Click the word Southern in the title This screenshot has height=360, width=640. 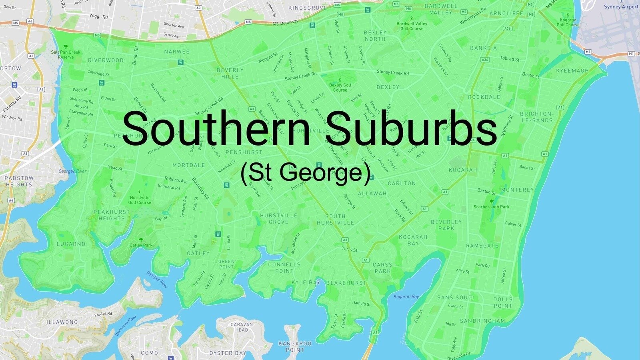click(216, 129)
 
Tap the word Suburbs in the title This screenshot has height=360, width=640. click(412, 129)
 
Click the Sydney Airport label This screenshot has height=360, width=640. click(621, 7)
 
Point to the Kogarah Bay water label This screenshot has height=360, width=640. click(406, 297)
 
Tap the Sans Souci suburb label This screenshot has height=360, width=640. click(455, 298)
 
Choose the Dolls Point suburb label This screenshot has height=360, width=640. click(503, 302)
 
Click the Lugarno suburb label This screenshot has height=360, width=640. click(71, 244)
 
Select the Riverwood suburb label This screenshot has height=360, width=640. click(106, 60)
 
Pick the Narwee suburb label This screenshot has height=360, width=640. click(177, 52)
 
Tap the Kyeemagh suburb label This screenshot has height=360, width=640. click(572, 71)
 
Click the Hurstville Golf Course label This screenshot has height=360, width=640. click(140, 200)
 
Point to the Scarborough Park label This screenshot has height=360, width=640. click(492, 207)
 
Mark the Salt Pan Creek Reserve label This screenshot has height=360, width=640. click(66, 54)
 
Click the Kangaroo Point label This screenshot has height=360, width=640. click(295, 346)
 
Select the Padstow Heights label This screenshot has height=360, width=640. click(19, 181)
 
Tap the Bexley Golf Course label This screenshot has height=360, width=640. click(340, 87)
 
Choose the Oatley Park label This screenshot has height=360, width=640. click(141, 245)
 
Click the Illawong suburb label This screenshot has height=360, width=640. click(62, 322)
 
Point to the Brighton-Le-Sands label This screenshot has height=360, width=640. click(536, 117)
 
